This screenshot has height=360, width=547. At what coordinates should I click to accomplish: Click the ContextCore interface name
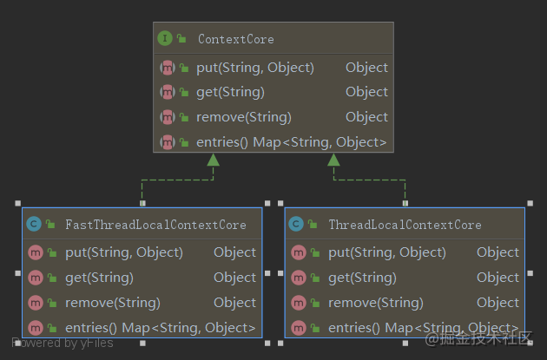pos(235,39)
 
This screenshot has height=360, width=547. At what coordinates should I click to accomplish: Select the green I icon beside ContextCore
pos(165,39)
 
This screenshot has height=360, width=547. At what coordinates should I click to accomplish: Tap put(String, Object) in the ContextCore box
pos(254,67)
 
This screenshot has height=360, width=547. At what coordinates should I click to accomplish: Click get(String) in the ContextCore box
pos(230,92)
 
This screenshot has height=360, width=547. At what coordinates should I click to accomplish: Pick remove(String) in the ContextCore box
pos(243,117)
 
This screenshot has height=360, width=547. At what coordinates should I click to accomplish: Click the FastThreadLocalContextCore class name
pos(155,225)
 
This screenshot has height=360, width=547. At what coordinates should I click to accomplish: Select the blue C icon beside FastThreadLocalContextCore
pos(34,225)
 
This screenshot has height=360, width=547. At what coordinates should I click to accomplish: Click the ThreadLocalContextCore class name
pos(405,225)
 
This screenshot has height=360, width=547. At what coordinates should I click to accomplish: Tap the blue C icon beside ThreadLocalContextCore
pos(296,225)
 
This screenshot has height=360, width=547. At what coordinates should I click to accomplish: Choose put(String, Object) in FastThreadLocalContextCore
pos(123,252)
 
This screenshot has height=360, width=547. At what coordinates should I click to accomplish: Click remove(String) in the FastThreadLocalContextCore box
pos(112,303)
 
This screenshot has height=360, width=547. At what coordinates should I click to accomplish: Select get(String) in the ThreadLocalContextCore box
pos(362,278)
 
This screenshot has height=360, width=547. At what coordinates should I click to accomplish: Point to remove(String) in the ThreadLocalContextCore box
pos(375,303)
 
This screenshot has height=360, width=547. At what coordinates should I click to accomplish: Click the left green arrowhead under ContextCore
pos(213,160)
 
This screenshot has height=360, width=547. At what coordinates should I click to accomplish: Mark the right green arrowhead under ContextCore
pos(333,160)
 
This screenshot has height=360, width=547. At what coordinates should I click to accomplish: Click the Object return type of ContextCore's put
pos(366,67)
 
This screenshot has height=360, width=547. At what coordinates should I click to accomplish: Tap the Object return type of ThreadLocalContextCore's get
pos(498,278)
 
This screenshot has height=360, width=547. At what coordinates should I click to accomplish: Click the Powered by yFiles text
pos(63,343)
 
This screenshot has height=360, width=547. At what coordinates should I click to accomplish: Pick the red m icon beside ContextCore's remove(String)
pos(168,117)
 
